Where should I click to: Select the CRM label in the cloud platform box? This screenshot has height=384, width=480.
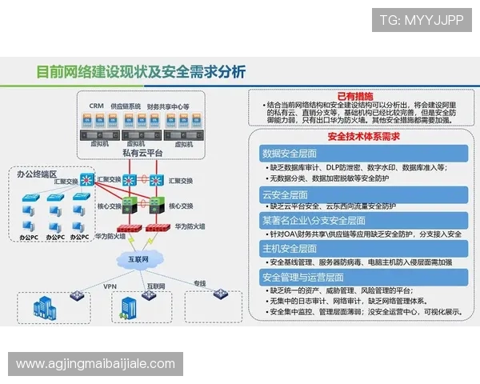click(97, 106)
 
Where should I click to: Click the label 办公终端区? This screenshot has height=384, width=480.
click(37, 174)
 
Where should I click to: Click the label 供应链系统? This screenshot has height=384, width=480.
click(126, 106)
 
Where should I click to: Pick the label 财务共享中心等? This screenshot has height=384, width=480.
click(168, 106)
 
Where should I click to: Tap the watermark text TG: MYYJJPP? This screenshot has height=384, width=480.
click(421, 20)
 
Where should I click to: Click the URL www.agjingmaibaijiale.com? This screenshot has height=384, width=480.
click(95, 364)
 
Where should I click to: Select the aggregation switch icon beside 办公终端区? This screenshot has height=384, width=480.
click(87, 180)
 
